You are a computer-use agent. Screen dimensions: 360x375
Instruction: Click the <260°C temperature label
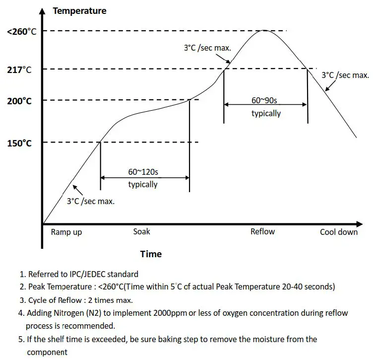point(22,32)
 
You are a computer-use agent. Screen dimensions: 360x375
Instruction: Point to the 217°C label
point(20,70)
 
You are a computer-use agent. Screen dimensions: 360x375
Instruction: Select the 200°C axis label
point(20,101)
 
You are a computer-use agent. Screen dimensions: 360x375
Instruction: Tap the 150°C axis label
point(20,144)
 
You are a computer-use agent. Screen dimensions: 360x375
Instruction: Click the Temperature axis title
point(79,10)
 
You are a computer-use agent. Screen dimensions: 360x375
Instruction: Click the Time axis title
point(151,254)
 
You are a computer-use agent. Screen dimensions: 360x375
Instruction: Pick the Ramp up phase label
point(66,232)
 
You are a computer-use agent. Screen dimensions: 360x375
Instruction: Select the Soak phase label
point(141,231)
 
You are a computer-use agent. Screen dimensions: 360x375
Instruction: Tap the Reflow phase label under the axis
point(262,231)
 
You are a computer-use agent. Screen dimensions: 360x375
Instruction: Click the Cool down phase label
point(339,232)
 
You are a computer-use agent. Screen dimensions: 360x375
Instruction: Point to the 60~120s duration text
point(143,172)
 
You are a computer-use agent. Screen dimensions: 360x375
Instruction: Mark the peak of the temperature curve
point(265,31)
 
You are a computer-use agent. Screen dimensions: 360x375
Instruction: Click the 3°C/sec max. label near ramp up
point(91,201)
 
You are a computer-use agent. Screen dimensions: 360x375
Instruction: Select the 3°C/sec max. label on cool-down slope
point(345,75)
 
